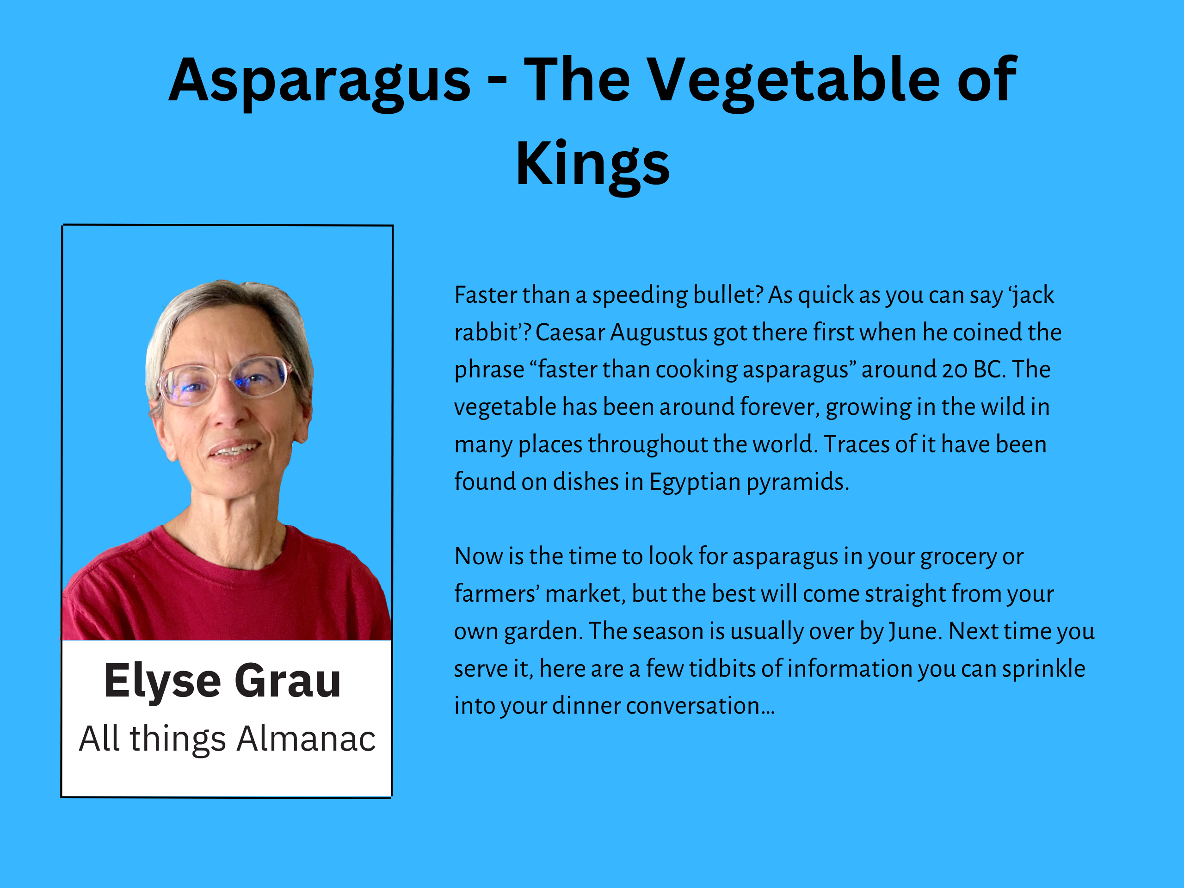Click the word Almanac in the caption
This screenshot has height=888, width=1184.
[307, 739]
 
